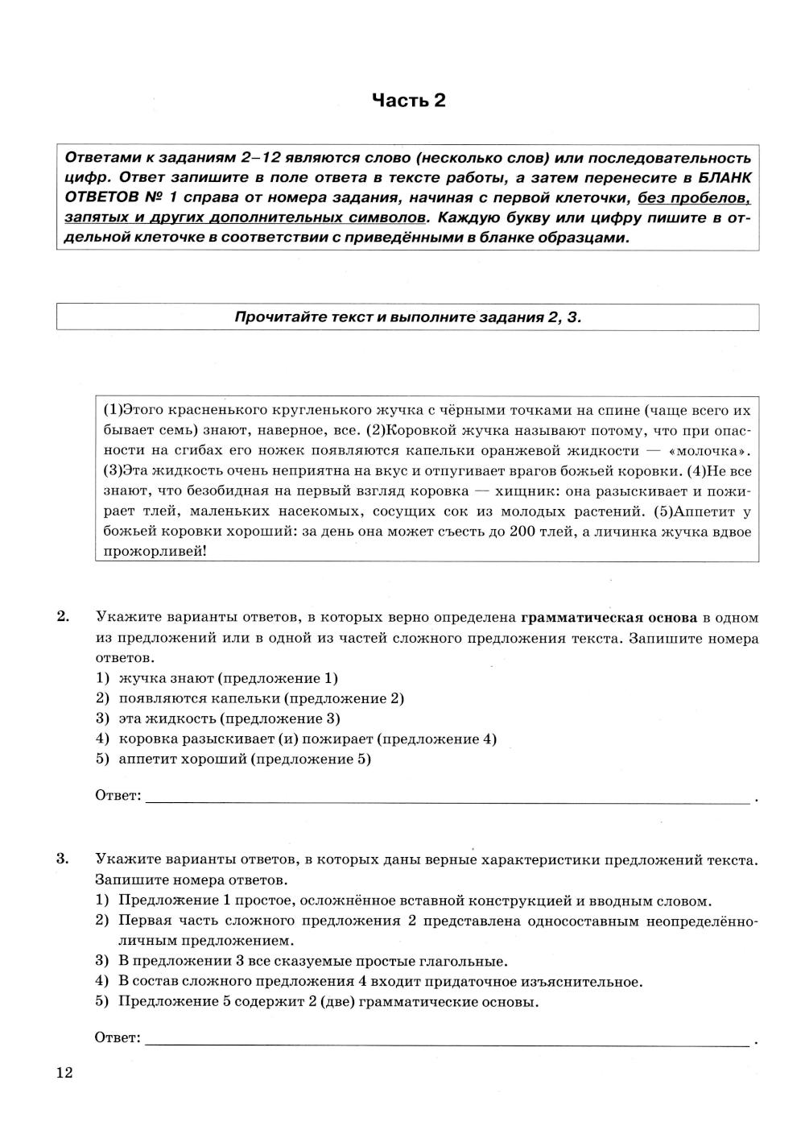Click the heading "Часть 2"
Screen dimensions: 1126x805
tap(408, 101)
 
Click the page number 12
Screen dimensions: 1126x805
tap(64, 1072)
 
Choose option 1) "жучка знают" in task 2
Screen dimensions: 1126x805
tap(228, 678)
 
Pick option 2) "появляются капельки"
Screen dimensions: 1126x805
tap(261, 698)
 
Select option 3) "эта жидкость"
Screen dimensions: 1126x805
tap(229, 718)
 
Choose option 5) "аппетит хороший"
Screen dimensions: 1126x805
tap(245, 759)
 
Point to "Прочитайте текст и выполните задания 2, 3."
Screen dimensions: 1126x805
tap(407, 317)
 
